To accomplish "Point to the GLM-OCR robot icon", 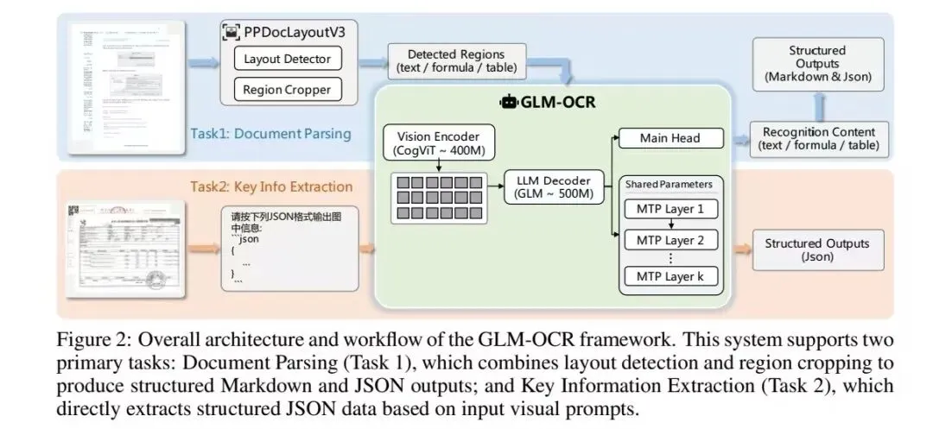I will click(509, 102).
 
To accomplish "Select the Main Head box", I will click(670, 138).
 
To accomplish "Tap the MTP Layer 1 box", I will click(670, 209).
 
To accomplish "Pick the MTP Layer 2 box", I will click(670, 239).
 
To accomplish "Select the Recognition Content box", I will click(818, 139).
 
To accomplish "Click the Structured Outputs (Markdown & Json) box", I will click(817, 64).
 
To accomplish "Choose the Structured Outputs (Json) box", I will click(817, 250).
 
